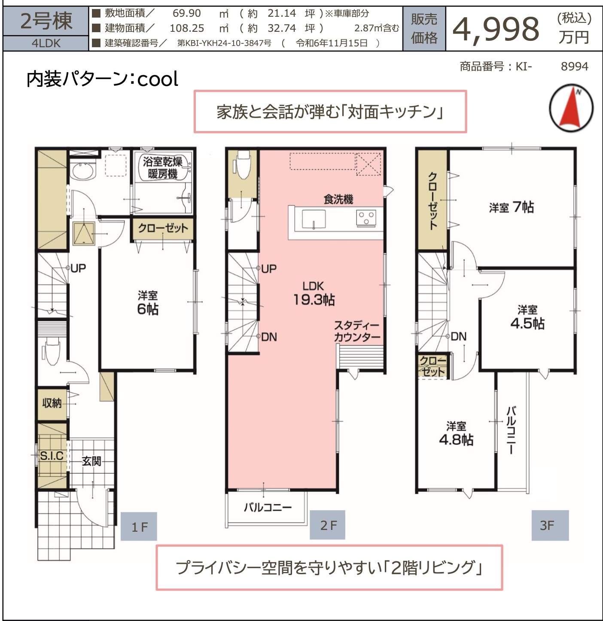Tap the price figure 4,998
pos(496,29)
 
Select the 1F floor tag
pos(139,526)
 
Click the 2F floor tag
pos(328,525)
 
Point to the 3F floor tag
pos(550,525)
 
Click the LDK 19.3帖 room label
pos(314,293)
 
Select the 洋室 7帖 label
pos(511,207)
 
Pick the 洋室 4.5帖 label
pos(527,317)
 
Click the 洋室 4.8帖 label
pos(456,433)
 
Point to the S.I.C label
pos(52,456)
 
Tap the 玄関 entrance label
pos(91,461)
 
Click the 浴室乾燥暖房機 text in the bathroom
pos(162,168)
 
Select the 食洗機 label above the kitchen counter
pos(338,199)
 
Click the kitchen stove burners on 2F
pos(366,219)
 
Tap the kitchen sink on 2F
pos(314,219)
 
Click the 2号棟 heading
pos(46,21)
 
